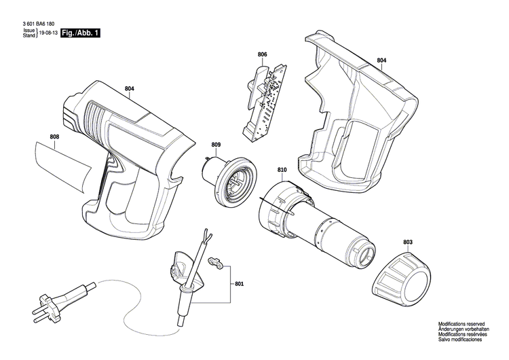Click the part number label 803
408,241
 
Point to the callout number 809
216,144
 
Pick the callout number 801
239,284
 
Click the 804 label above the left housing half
130,88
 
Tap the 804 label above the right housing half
381,60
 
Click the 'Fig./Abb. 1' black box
79,33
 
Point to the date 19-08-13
48,33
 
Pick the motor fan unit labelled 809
231,179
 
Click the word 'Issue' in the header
29,31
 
